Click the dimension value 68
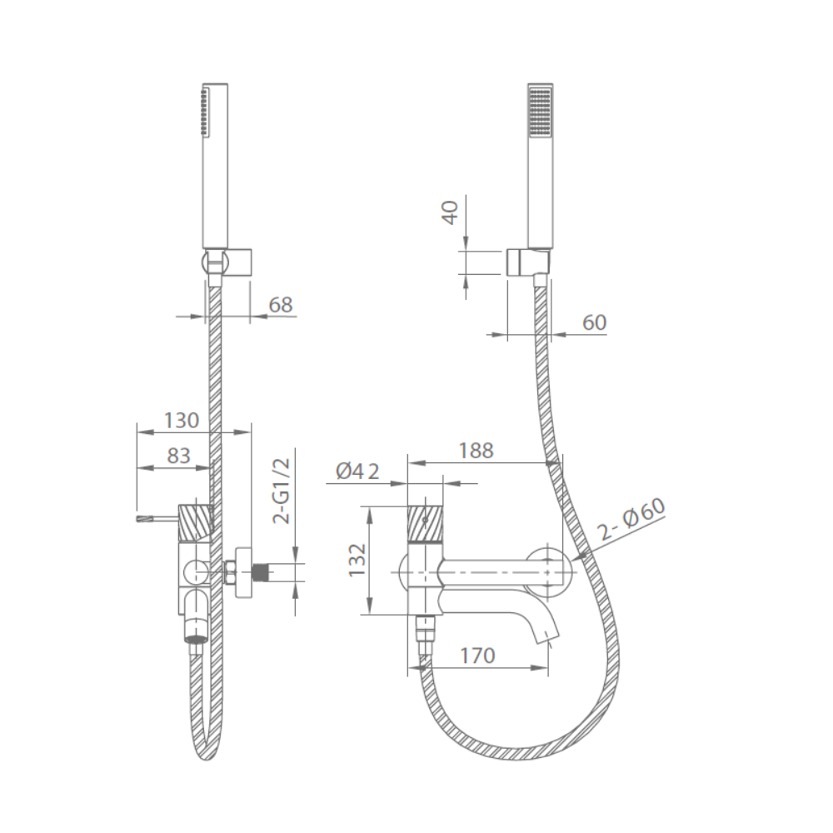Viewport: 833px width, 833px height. [281, 304]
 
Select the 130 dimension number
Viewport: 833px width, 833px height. [181, 420]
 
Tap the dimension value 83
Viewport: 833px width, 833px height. [178, 456]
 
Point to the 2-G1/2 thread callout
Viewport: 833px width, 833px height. [282, 491]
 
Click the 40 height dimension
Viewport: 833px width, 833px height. [451, 212]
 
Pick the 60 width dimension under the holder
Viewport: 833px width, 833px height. [594, 322]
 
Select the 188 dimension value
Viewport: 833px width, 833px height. [476, 451]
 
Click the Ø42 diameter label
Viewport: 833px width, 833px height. [357, 471]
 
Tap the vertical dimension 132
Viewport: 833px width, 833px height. [357, 560]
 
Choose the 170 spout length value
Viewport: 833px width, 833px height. [477, 656]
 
